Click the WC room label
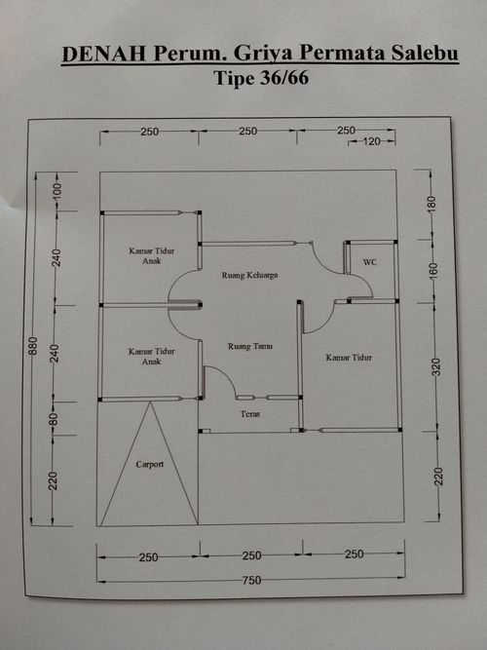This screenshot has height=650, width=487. pos(370,262)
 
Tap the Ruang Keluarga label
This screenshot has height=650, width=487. pos(249,275)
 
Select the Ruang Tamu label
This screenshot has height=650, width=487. pos(250,346)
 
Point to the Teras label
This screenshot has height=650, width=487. pos(250,414)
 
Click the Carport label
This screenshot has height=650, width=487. pos(150,464)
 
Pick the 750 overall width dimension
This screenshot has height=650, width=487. pos(251,580)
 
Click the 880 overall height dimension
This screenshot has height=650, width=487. pos(33,346)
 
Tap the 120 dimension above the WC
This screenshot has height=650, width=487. pos(371,141)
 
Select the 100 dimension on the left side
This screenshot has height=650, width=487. pos(57,191)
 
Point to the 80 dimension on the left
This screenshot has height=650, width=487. pos(54,419)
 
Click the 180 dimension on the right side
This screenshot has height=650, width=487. pos(431,205)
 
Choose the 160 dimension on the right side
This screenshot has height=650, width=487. pos(433,271)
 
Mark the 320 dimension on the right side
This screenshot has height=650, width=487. pos(436,367)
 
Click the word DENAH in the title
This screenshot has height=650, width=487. pos(104,54)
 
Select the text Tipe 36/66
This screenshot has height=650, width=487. pos(261,78)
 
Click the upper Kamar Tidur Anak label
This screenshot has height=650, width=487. pos(152,255)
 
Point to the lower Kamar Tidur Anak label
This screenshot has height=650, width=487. pos(151,356)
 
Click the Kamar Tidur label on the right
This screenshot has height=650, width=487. pos(349,358)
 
